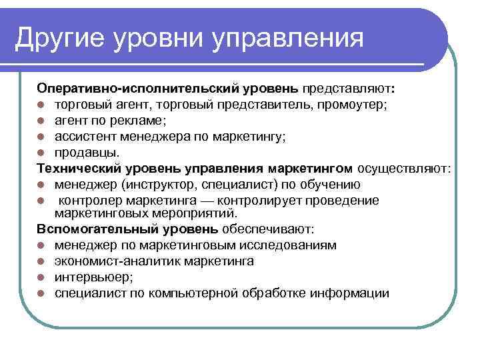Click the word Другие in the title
click(60, 39)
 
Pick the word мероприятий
click(201, 214)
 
